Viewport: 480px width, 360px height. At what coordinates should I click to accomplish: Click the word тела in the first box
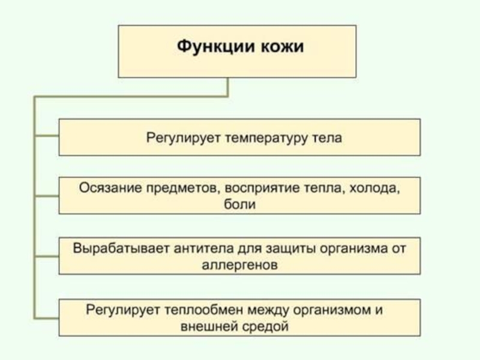(328, 138)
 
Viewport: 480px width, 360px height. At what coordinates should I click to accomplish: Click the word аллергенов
(239, 265)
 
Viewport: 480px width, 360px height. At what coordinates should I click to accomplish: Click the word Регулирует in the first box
(184, 138)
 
